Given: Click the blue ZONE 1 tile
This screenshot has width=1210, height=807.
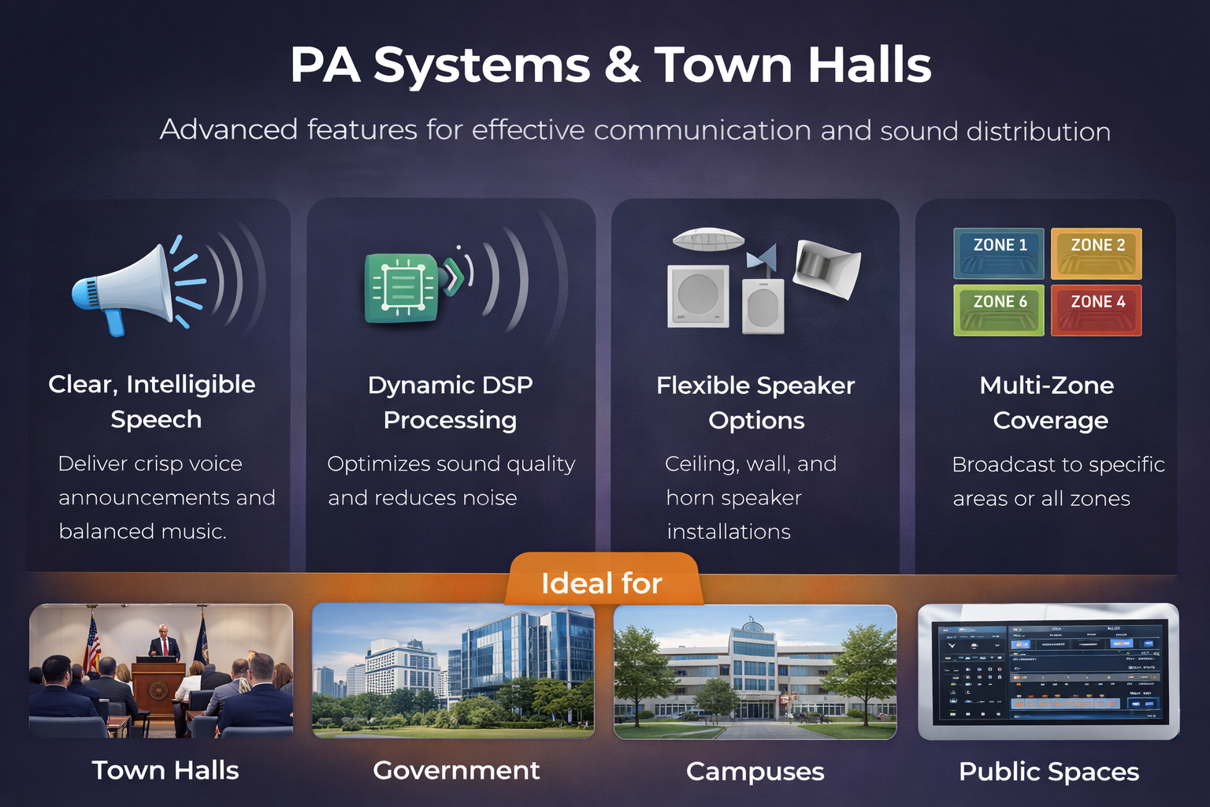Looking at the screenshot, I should [999, 254].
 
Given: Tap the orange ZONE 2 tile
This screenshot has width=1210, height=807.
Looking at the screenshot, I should [1097, 254].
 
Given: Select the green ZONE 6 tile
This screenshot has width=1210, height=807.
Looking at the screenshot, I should [999, 310].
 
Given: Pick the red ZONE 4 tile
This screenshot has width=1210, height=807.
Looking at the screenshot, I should [1097, 310].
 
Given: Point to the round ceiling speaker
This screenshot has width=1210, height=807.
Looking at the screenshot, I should [707, 239].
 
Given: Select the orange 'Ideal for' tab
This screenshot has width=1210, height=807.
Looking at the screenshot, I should [603, 582].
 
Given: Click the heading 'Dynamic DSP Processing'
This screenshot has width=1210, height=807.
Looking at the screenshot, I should [451, 402].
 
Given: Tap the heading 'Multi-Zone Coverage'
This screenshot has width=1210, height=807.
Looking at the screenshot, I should [1049, 402].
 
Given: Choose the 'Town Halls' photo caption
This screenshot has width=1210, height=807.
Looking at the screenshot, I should [165, 770].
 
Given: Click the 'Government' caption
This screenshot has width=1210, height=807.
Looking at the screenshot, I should [456, 770].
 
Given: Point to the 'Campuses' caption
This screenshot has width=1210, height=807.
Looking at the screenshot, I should [755, 771].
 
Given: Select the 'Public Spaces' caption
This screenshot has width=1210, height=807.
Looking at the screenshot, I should [1049, 771].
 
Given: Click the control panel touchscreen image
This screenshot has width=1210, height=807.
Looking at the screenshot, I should [1049, 671].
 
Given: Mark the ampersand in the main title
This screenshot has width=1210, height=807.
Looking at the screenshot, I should [622, 65].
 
